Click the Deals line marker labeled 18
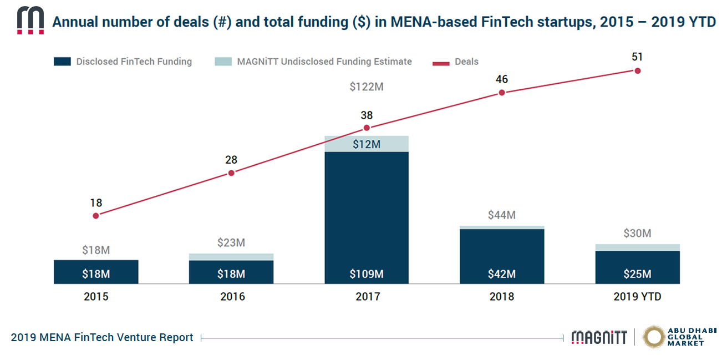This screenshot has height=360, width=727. point(96,215)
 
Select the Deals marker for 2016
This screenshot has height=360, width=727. point(231,173)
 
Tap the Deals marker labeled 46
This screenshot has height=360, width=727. point(502,93)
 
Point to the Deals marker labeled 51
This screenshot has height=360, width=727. point(638,70)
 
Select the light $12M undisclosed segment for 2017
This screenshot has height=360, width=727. point(367,144)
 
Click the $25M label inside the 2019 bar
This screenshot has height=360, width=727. point(637,273)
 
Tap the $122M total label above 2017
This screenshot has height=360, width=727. point(367,87)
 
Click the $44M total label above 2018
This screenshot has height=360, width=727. point(502,215)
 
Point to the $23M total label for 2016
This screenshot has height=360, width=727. point(231,242)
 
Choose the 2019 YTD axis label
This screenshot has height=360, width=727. point(637,297)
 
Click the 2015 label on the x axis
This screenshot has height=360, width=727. point(96,297)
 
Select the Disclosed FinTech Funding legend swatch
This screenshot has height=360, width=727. point(62,62)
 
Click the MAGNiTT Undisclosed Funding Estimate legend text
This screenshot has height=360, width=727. point(324,62)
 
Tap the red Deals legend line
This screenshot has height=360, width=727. point(441,62)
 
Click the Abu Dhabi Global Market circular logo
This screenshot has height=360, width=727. point(654,337)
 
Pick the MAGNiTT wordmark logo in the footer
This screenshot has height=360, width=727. point(599,337)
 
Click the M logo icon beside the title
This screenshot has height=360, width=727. point(30,21)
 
